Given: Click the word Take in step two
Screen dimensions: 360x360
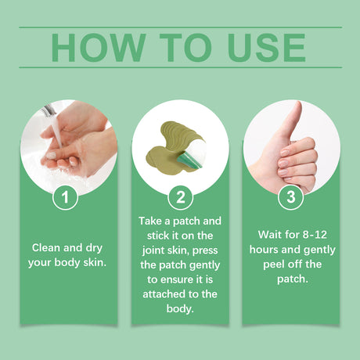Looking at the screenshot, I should tap(153, 222).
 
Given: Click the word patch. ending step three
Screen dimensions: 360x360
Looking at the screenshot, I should tap(291, 278).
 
